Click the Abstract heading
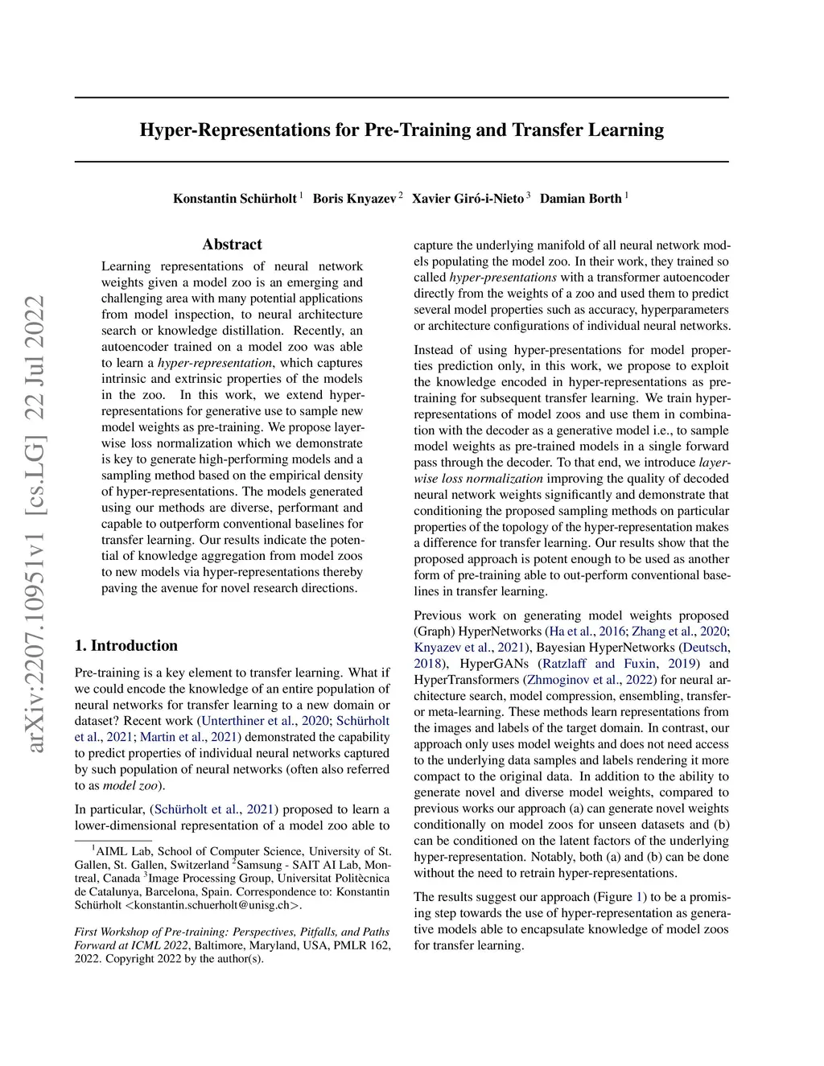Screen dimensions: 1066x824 click(x=232, y=245)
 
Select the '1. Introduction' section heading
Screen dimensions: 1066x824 click(x=126, y=645)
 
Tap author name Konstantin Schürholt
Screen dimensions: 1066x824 click(x=234, y=199)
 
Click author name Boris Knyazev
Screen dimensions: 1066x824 click(x=354, y=199)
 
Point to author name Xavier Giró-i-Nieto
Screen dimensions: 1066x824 click(x=468, y=199)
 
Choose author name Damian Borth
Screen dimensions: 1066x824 click(x=580, y=199)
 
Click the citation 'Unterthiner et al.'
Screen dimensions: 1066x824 click(x=249, y=721)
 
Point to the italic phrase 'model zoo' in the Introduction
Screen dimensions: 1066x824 click(x=130, y=785)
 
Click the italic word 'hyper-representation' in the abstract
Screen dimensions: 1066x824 click(x=215, y=363)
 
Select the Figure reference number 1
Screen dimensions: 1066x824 click(x=641, y=897)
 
